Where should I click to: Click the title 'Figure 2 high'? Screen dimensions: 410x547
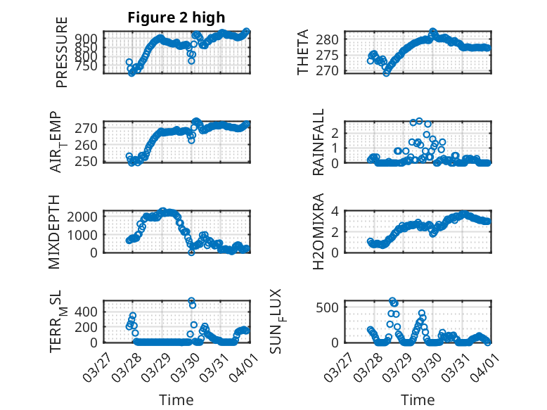[176, 18]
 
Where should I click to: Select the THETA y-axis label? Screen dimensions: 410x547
[303, 52]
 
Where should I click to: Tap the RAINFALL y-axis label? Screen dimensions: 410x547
[318, 142]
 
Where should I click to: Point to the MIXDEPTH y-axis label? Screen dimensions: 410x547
[55, 231]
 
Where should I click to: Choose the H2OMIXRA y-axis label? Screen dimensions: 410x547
[318, 231]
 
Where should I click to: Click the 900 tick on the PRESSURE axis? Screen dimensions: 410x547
[89, 39]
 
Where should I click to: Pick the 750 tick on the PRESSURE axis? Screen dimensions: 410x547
[89, 65]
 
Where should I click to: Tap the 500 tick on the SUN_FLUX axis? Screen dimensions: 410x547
[333, 307]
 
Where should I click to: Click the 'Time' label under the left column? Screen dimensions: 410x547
[176, 400]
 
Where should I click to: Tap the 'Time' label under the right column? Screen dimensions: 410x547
[418, 400]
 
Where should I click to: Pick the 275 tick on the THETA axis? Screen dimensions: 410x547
[333, 55]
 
